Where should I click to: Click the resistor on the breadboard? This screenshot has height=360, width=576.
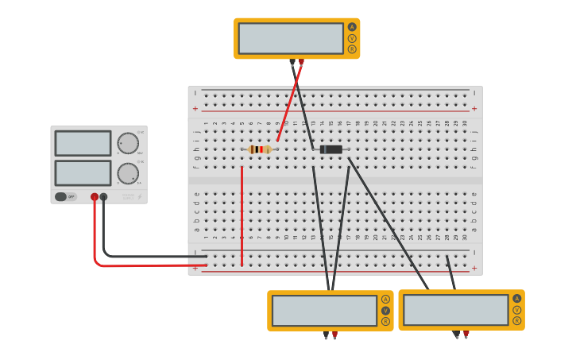point(259,149)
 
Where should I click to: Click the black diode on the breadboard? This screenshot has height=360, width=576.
point(331,149)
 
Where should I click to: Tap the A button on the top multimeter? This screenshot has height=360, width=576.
point(352,27)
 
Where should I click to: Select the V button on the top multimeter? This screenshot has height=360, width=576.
point(352,38)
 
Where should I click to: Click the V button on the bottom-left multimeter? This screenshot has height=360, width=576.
point(385,311)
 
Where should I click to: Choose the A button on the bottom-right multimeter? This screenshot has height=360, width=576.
point(517,299)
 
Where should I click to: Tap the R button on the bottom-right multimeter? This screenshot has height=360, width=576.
point(517,321)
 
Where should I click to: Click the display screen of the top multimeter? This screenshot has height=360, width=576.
point(291,38)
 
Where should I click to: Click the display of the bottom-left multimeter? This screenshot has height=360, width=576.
point(324,311)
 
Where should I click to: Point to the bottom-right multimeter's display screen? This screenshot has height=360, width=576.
point(456,310)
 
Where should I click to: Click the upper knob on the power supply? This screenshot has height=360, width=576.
point(128,143)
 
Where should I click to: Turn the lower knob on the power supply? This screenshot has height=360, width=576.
point(128,173)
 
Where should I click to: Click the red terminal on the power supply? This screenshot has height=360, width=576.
point(95,196)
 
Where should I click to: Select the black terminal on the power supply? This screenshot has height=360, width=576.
point(103,196)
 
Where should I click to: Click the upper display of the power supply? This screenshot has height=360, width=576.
point(83,143)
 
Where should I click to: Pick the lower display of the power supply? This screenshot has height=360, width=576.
point(83,172)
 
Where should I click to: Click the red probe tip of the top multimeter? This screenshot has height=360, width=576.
point(301,61)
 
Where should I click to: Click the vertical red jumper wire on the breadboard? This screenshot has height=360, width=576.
point(242,215)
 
